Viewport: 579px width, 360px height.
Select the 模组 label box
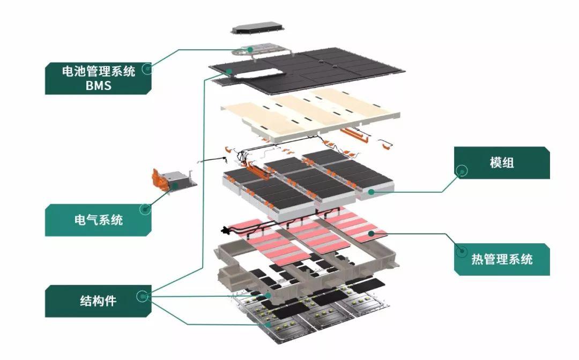502,163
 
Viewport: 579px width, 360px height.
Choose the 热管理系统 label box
502,259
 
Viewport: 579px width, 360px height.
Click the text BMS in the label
98,86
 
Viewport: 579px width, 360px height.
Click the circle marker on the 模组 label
461,171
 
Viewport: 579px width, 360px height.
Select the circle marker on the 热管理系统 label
461,251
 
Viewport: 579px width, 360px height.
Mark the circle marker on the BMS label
145,69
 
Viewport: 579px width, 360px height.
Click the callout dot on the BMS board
250,49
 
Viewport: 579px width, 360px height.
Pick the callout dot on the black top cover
229,71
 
